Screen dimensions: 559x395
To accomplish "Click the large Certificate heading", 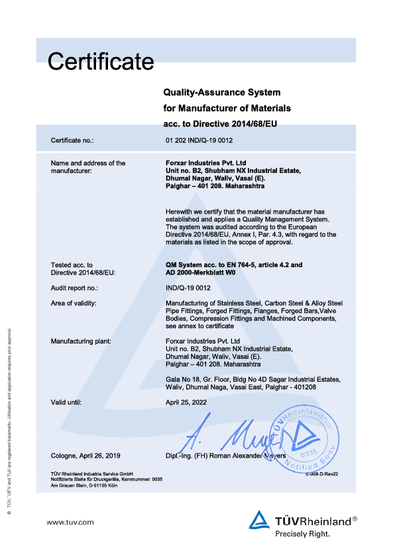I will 101,62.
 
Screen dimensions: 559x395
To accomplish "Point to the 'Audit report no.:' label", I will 74,288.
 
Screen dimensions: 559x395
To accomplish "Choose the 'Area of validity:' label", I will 74,303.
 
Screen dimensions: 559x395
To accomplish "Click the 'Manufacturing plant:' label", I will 81,341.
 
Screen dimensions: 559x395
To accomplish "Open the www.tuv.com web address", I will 70,523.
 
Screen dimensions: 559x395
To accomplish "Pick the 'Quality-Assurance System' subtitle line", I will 222,92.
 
